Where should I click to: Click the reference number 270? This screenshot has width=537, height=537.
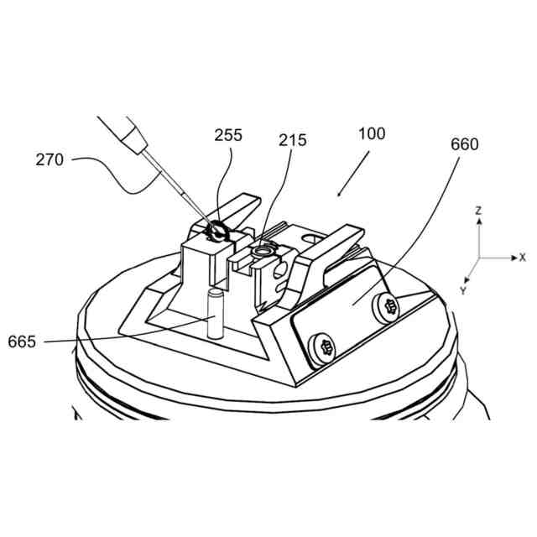pyautogui.click(x=49, y=159)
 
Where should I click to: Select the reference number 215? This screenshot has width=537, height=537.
pyautogui.click(x=294, y=140)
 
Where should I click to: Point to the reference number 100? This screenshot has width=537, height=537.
pyautogui.click(x=372, y=133)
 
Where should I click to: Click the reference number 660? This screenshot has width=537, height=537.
pyautogui.click(x=464, y=144)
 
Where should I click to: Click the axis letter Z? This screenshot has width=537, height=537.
pyautogui.click(x=477, y=211)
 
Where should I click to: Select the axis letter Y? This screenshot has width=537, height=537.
pyautogui.click(x=462, y=289)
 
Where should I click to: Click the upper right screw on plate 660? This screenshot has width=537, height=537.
pyautogui.click(x=388, y=308)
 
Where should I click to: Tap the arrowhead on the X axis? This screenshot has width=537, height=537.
pyautogui.click(x=514, y=258)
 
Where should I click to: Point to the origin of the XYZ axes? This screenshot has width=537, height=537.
pyautogui.click(x=478, y=258)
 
